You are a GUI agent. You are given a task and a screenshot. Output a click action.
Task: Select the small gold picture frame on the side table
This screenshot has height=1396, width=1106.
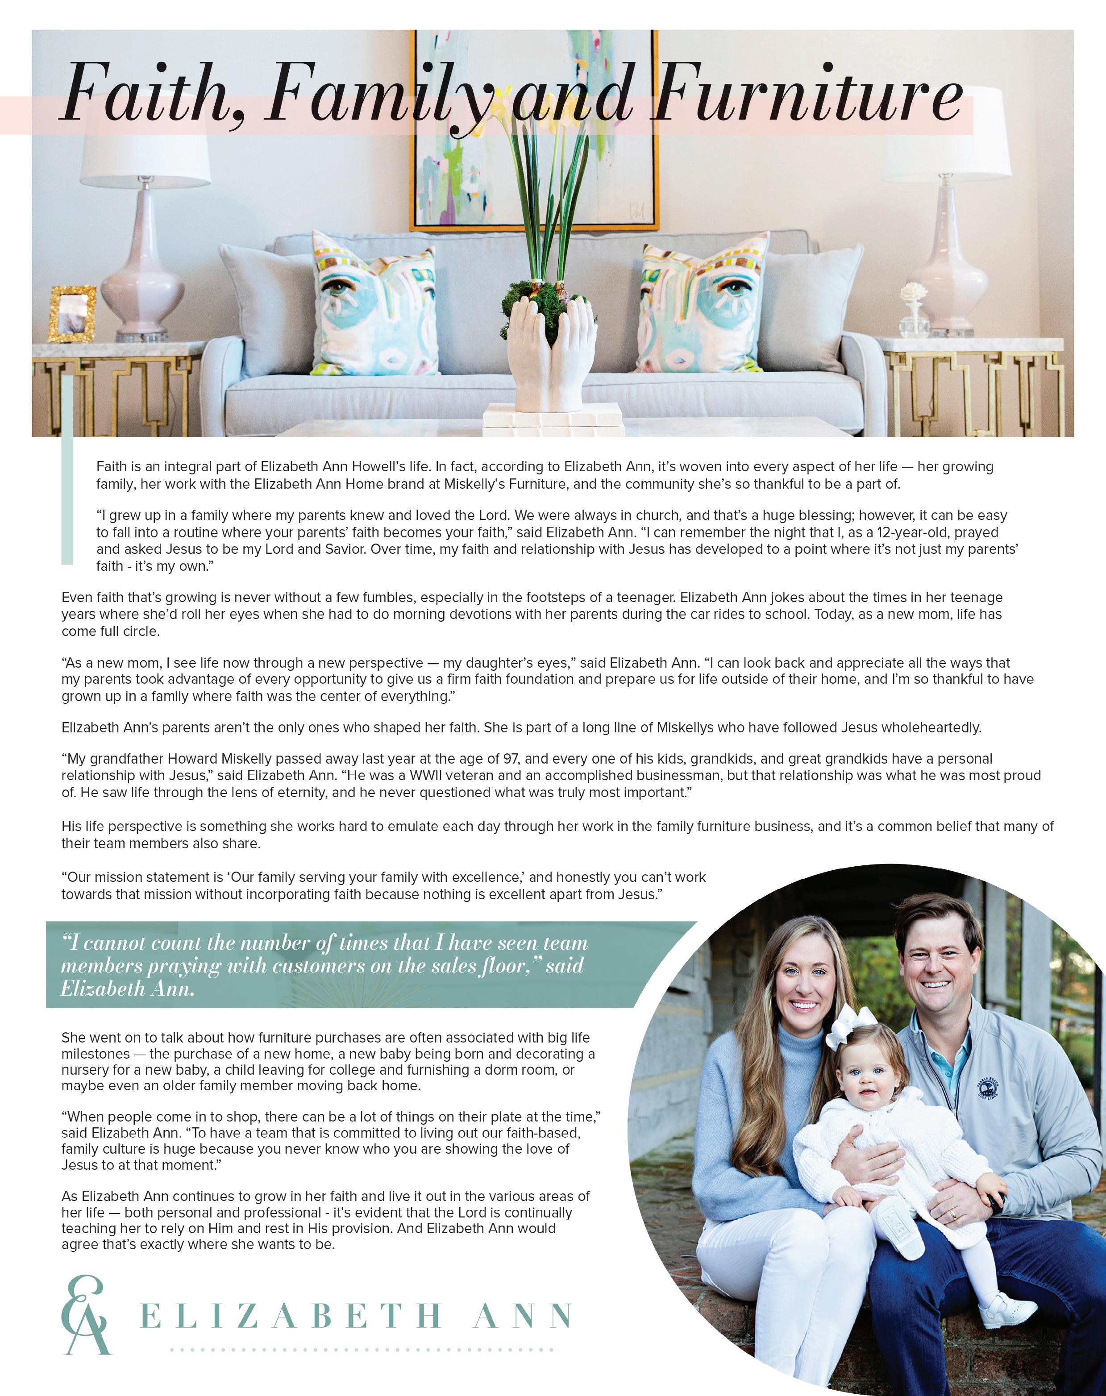(x=72, y=313)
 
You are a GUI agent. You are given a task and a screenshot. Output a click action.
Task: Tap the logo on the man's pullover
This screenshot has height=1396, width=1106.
(x=987, y=1087)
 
